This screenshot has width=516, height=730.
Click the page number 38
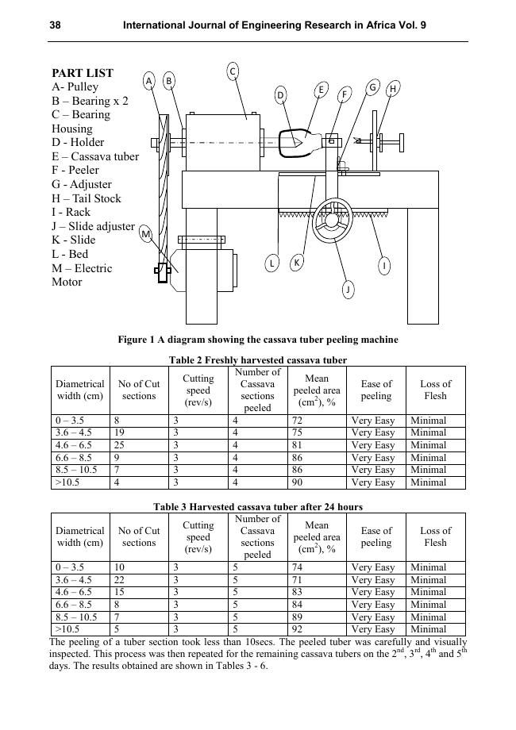(x=56, y=25)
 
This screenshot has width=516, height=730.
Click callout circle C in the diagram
(x=233, y=72)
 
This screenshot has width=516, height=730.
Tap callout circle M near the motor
(x=146, y=234)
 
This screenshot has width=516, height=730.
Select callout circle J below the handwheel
(x=348, y=290)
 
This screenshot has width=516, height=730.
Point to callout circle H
(x=392, y=90)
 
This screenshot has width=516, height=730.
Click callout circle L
(x=271, y=263)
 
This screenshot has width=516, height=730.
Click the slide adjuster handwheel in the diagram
(x=333, y=221)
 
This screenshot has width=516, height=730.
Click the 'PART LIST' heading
(x=83, y=73)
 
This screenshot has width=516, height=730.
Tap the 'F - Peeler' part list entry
(x=75, y=170)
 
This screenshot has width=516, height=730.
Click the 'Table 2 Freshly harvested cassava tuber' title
(x=258, y=360)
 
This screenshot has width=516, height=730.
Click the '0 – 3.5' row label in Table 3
(x=70, y=567)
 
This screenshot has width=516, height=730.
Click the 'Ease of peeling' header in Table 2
(x=376, y=390)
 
